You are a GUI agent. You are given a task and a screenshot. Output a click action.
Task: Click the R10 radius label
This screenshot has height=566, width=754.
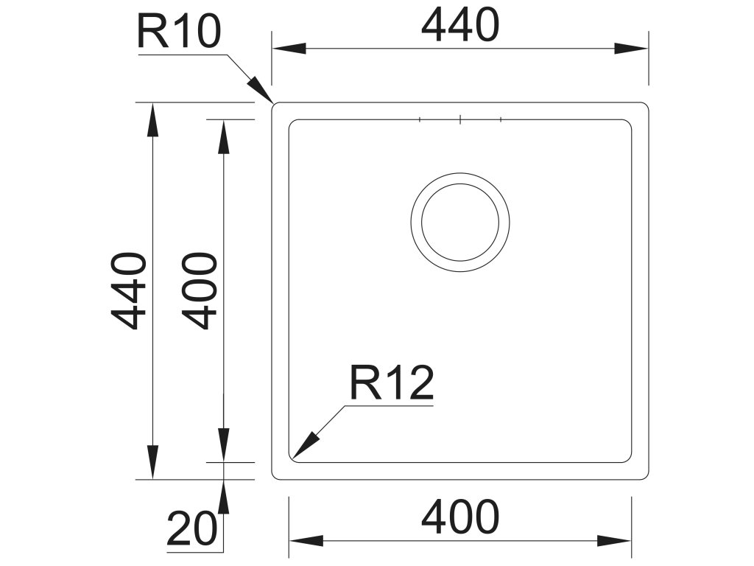(179, 32)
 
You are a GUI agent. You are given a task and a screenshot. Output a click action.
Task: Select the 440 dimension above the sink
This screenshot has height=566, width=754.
(460, 26)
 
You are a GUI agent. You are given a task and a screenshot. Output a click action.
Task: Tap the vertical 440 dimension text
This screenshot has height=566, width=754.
(126, 290)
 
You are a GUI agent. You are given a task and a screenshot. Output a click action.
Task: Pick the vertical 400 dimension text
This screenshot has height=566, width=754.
(200, 290)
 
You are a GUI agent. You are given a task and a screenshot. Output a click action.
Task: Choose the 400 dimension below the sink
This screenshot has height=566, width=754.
(460, 517)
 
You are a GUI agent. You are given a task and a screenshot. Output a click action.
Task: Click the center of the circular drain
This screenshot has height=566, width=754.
(460, 222)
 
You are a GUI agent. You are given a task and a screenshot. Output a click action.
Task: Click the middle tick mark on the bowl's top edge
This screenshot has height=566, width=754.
(459, 119)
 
